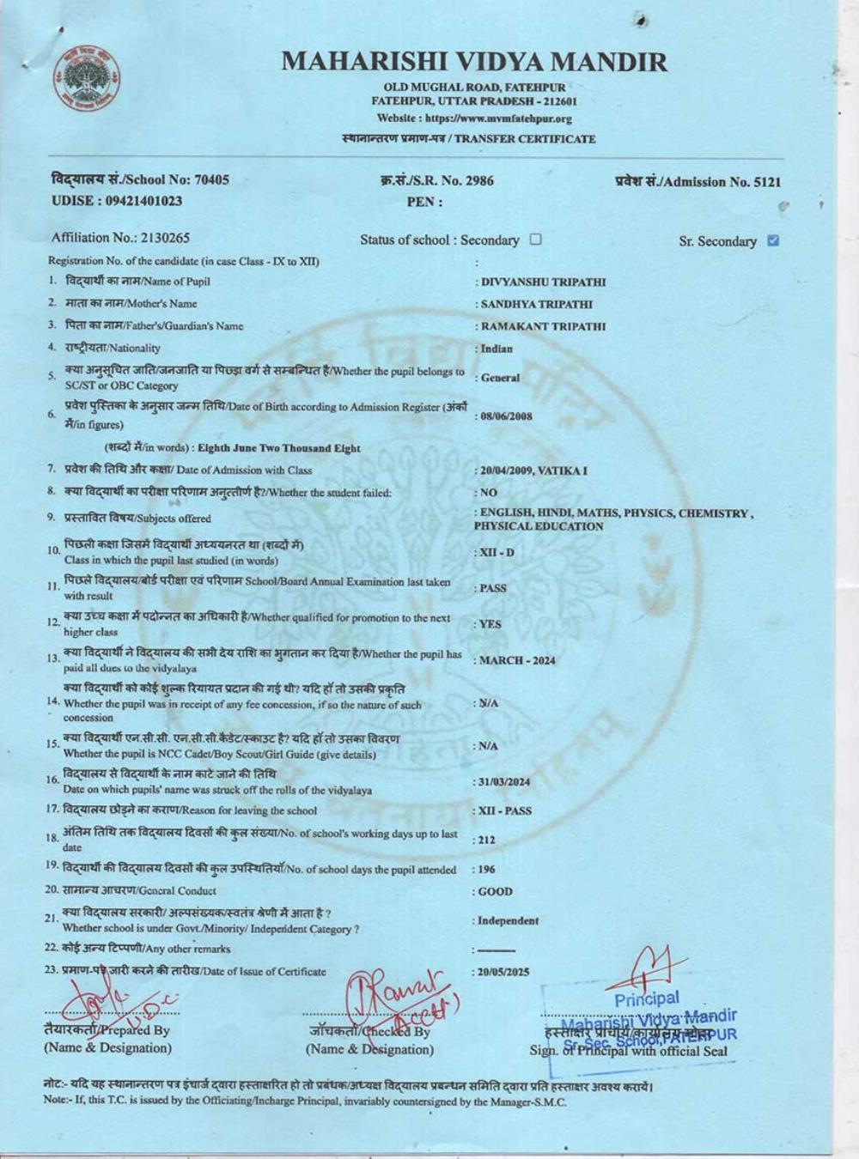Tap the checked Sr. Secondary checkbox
772,240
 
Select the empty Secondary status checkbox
536,240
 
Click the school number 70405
212,179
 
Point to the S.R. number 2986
477,180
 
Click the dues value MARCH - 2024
517,660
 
